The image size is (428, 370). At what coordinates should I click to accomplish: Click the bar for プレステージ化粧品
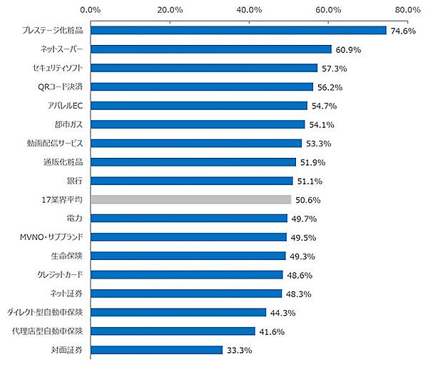coord(238,31)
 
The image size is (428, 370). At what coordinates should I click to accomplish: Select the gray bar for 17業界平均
coord(191,199)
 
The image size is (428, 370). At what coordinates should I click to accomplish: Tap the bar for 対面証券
coord(156,350)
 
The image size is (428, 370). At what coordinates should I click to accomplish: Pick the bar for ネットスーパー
coord(211,49)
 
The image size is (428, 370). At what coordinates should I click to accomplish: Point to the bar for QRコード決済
coord(202,87)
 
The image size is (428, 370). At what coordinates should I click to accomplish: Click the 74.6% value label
coord(402,31)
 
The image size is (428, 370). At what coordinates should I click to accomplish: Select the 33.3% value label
coord(238,350)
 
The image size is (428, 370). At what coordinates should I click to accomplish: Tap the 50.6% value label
coord(307,199)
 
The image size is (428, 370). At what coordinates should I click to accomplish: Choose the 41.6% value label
coord(271,331)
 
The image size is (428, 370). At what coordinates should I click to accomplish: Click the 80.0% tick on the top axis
coord(407,10)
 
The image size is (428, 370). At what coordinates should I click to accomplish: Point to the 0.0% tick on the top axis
coord(91,10)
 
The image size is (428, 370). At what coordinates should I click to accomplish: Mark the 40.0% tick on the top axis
coord(249,10)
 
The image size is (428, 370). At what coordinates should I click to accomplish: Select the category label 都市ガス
coord(69,124)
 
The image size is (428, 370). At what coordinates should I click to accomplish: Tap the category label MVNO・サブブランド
coord(54,237)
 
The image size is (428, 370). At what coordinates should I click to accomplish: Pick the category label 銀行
coord(74,181)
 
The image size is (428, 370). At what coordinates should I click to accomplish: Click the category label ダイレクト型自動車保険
coord(46,312)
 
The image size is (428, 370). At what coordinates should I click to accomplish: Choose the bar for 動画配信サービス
coord(196,143)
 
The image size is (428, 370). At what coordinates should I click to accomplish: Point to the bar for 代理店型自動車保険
coord(173,331)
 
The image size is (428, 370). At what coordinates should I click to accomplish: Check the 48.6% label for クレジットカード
coord(299,275)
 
